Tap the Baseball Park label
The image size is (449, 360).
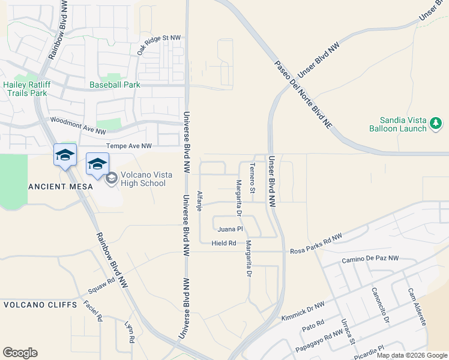(x=115, y=85)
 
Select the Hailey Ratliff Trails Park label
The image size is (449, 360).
(x=25, y=89)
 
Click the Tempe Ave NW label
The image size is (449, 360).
(x=129, y=146)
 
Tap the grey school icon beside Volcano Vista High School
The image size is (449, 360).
(x=111, y=178)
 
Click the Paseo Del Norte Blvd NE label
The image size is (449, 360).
(x=303, y=96)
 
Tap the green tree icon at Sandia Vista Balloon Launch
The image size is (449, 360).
(x=436, y=124)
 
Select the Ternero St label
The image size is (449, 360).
(x=253, y=178)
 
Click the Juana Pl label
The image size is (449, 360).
(x=230, y=229)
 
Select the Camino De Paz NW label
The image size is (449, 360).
(x=370, y=259)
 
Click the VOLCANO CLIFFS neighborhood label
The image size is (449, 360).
(x=40, y=305)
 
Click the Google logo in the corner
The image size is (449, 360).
(x=20, y=353)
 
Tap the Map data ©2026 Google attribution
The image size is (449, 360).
(x=412, y=355)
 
